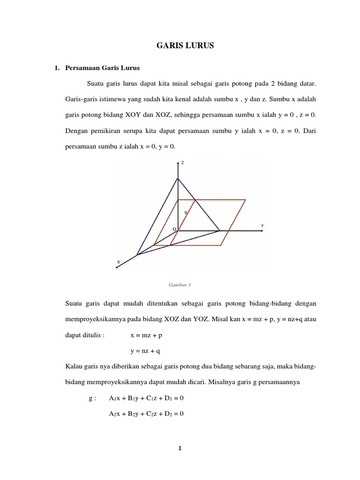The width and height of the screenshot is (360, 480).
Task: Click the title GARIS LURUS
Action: click(184, 45)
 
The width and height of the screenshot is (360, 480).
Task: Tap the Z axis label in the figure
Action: click(183, 163)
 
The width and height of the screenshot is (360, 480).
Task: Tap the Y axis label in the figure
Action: click(262, 226)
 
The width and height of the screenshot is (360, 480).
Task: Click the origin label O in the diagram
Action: click(174, 229)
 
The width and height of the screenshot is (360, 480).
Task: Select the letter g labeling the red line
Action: click(186, 212)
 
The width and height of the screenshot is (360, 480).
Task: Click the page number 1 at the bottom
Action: click(180, 448)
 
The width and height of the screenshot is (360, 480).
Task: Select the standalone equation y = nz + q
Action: click(145, 351)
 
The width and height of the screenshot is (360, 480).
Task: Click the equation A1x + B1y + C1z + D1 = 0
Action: click(146, 398)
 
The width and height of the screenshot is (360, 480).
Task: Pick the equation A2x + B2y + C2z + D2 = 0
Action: click(146, 413)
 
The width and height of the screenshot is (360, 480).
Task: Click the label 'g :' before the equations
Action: click(92, 398)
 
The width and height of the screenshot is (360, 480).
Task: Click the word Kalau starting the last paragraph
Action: click(74, 366)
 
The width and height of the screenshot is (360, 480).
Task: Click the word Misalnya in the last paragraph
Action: click(217, 382)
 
